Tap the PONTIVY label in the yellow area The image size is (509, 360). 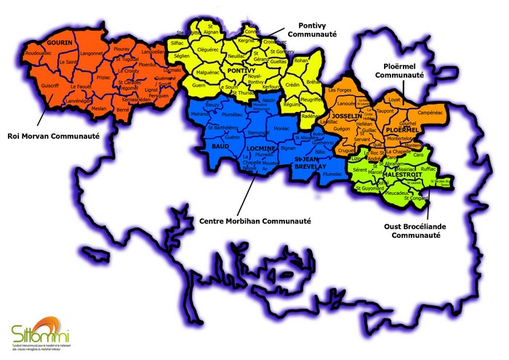click(243, 71)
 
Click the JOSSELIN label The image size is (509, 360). click(345, 116)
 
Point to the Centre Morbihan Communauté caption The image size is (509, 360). click(254, 221)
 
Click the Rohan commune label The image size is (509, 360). click(300, 60)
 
